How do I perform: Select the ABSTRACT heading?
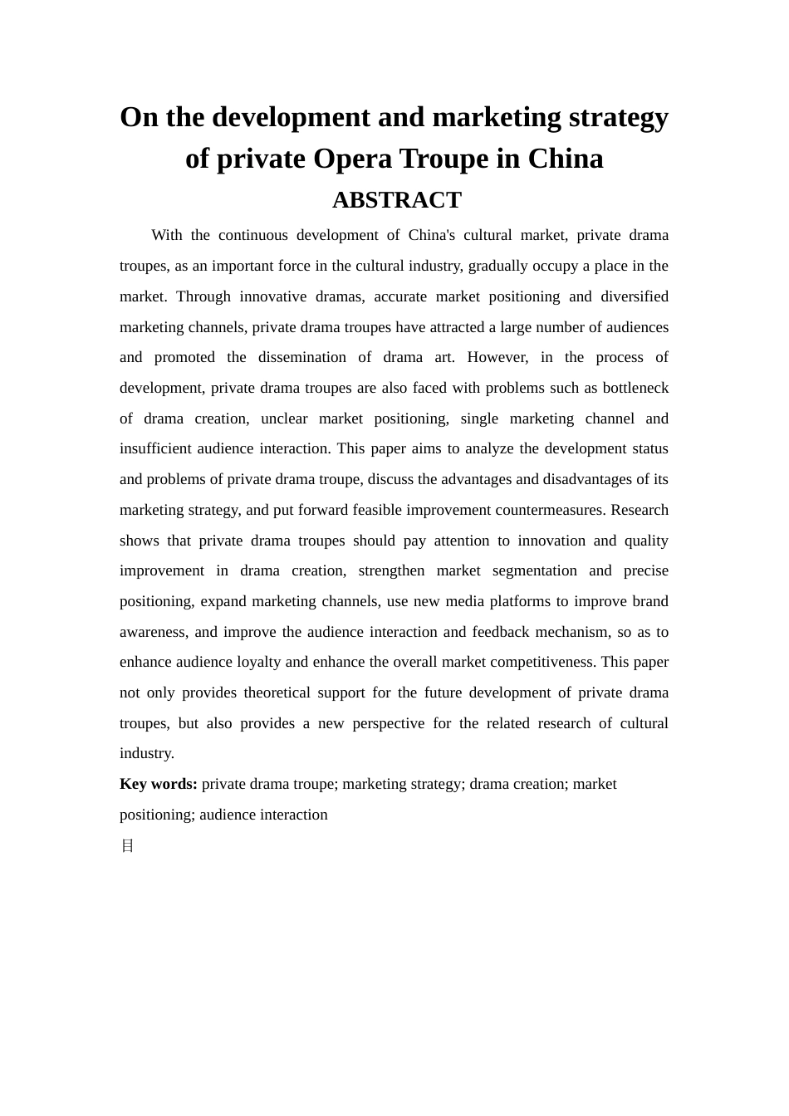(396, 200)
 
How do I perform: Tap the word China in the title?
(566, 159)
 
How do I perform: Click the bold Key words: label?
(159, 784)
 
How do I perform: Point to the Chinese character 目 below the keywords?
(127, 845)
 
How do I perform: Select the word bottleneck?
(635, 388)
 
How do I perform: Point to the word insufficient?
(156, 448)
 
